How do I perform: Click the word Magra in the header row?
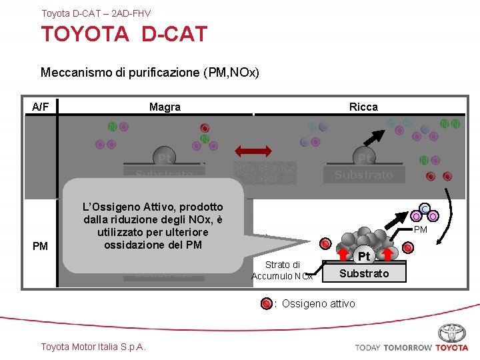click(165, 107)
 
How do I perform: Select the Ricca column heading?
click(363, 107)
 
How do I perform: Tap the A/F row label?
click(41, 107)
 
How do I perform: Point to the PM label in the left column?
click(40, 246)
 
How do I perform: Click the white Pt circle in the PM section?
click(363, 257)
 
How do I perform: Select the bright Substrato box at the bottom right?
click(364, 273)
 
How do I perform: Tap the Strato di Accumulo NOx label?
click(282, 270)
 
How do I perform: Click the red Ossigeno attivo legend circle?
click(267, 304)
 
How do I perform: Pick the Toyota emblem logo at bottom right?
click(451, 333)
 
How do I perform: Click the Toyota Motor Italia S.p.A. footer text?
click(93, 346)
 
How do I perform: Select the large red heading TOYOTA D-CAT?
click(124, 34)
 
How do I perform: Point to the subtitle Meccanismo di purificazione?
click(149, 72)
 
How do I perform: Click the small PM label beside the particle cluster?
click(421, 230)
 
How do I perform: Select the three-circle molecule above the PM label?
click(424, 212)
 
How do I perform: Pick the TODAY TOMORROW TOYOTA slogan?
click(411, 347)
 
